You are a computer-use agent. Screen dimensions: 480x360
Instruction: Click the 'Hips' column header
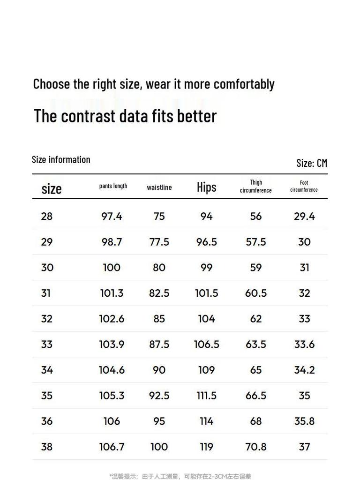coord(206,187)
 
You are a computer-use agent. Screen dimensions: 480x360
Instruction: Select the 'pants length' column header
coord(113,186)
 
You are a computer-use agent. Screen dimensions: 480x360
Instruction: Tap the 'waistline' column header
coord(159,187)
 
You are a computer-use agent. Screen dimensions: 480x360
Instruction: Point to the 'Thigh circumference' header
coord(255,187)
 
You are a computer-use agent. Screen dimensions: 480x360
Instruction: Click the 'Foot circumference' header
coord(304,187)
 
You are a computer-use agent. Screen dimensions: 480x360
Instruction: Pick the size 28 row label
coord(47,216)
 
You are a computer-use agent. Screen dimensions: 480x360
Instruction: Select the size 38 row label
coord(47,447)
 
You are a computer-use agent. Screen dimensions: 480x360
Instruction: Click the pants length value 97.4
coord(112,216)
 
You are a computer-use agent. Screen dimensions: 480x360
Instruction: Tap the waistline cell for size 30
coord(159,267)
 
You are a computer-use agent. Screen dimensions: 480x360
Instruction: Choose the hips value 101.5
coord(206,293)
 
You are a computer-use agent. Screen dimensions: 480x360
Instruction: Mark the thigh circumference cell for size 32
coord(256,319)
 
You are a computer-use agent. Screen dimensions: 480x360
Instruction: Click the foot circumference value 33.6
coord(304,344)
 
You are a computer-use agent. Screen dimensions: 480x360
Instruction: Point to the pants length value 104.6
coord(112,370)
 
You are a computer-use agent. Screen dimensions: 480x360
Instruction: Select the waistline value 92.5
coord(159,396)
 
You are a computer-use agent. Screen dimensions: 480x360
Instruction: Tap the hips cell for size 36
coord(206,421)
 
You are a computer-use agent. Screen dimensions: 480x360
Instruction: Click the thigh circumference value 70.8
coord(256,447)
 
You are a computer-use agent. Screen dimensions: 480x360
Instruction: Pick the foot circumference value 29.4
coord(304,216)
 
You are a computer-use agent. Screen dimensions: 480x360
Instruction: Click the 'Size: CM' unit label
coord(311,163)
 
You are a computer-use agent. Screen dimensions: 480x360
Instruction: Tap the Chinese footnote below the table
coord(180,476)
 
